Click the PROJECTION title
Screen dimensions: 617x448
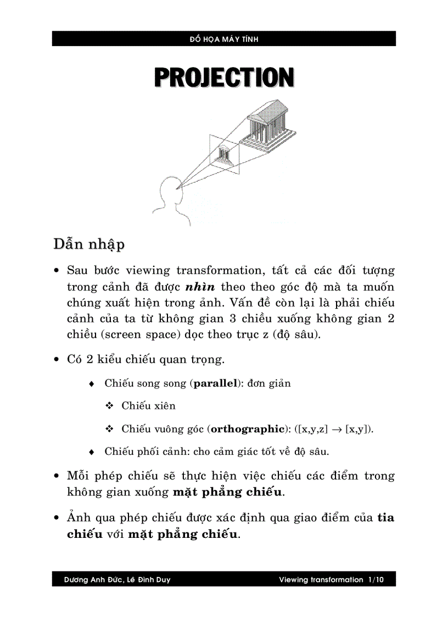pyautogui.click(x=224, y=78)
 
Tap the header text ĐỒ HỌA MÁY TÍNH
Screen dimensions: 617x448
pyautogui.click(x=224, y=39)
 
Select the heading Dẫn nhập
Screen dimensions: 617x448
pyautogui.click(x=88, y=243)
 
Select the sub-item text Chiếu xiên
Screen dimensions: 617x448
pyautogui.click(x=149, y=406)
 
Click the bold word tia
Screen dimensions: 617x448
pyautogui.click(x=386, y=518)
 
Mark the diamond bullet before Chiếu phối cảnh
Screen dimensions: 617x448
pyautogui.click(x=92, y=452)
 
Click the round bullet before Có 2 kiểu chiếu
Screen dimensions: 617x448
pyautogui.click(x=58, y=360)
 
